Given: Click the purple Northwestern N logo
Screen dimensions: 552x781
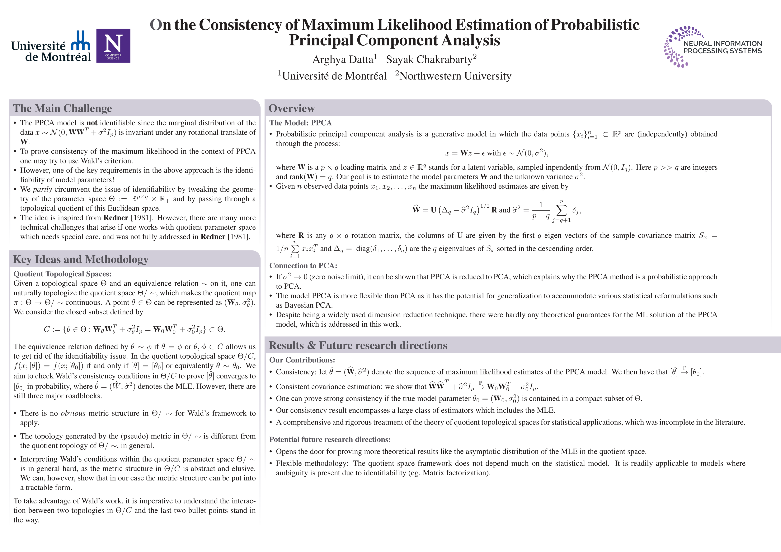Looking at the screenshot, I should pyautogui.click(x=113, y=46).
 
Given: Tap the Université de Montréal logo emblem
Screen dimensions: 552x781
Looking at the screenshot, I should pyautogui.click(x=81, y=41).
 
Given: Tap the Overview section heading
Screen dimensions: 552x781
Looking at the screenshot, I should pyautogui.click(x=292, y=108).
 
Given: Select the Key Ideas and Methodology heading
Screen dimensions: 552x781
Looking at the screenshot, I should pyautogui.click(x=81, y=259).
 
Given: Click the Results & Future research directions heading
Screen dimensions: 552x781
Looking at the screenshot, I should pyautogui.click(x=358, y=345).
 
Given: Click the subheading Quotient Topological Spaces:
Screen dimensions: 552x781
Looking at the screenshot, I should pyautogui.click(x=62, y=274).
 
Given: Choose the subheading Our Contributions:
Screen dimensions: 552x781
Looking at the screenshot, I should pyautogui.click(x=302, y=360).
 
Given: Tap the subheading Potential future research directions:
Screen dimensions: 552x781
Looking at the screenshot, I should pyautogui.click(x=330, y=439).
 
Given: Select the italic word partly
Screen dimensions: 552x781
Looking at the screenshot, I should pyautogui.click(x=43, y=189).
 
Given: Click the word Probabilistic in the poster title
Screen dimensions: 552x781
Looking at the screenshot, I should pyautogui.click(x=595, y=25).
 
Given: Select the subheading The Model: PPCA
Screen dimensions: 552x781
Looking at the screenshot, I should pyautogui.click(x=300, y=123).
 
